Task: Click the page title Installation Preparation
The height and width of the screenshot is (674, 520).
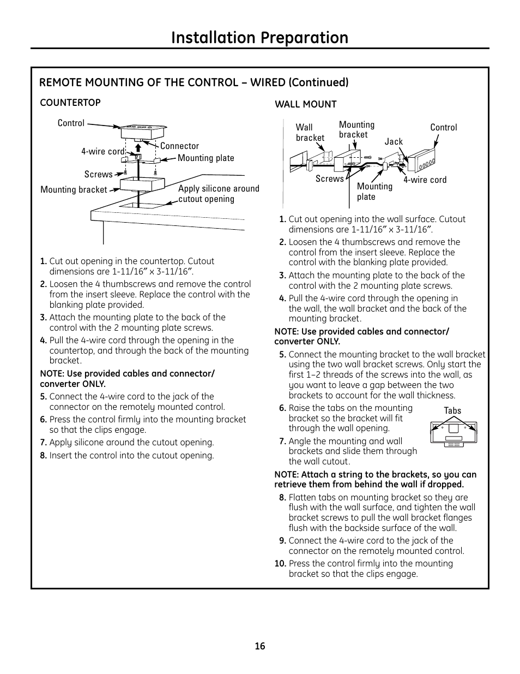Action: tap(259, 37)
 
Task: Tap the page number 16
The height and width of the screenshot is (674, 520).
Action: tap(259, 646)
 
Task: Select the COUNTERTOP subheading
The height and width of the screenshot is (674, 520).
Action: tap(70, 103)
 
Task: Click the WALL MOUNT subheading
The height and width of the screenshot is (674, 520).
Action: tap(305, 104)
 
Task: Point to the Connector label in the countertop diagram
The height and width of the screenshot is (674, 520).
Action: tap(179, 146)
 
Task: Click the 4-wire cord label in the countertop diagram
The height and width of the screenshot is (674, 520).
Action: tap(103, 151)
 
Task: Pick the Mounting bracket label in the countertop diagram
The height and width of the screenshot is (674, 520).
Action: tap(74, 189)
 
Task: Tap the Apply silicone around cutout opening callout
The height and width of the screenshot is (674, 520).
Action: tap(219, 194)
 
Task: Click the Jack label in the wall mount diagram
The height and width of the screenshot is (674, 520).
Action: tap(394, 141)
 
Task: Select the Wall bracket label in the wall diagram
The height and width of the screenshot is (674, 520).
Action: tap(310, 133)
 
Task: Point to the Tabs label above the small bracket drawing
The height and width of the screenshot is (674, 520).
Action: tap(452, 411)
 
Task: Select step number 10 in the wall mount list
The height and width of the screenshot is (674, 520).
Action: tap(280, 563)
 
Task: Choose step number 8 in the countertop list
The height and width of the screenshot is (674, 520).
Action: tap(43, 455)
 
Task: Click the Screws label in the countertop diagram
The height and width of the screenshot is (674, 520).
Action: tap(98, 174)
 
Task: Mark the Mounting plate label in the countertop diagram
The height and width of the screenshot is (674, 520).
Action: tap(205, 158)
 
